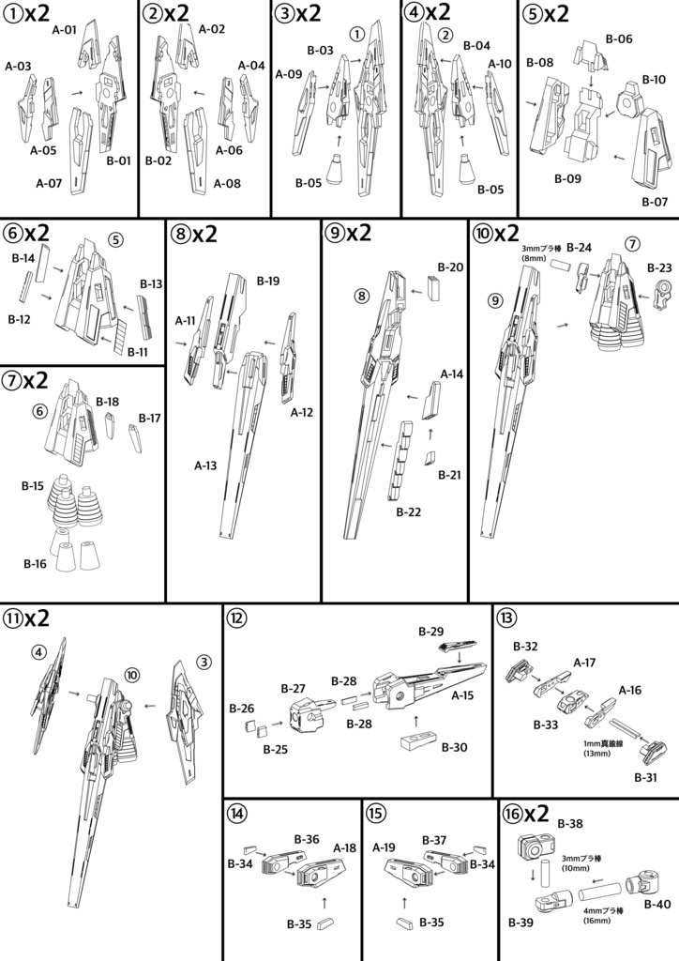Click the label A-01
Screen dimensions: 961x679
point(64,30)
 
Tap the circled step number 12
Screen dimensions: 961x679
point(235,618)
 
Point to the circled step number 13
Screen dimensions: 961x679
point(505,618)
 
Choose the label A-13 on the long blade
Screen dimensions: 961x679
point(206,465)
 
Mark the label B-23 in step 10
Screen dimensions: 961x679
point(659,267)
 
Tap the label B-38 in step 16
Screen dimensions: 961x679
point(570,823)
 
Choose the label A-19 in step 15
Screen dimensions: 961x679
point(385,847)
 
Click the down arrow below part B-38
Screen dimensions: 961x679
point(534,877)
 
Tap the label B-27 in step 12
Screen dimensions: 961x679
point(294,688)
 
